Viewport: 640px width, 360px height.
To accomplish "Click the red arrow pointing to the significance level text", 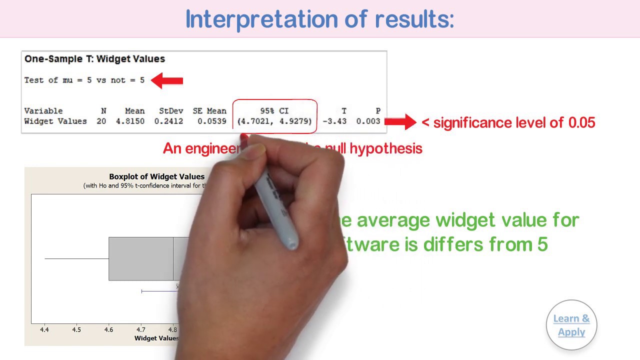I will point(400,121).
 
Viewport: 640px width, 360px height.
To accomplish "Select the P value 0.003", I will point(368,121).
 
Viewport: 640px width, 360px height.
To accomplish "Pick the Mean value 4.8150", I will point(130,121).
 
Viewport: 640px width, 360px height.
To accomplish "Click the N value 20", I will point(101,121).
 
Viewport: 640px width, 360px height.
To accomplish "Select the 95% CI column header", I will point(274,111).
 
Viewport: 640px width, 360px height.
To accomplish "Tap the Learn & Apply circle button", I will point(571,325).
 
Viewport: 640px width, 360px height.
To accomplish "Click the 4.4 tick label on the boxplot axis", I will point(44,330).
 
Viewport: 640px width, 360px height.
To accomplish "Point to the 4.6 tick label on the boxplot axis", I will point(108,330).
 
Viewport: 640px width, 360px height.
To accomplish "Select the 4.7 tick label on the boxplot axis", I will point(141,330).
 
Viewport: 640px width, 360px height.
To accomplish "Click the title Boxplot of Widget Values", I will point(156,176).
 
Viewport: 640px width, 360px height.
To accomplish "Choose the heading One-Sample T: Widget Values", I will point(94,59).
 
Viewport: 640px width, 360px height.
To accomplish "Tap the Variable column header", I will point(43,111).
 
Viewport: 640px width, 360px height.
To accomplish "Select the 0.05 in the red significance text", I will point(581,123).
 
